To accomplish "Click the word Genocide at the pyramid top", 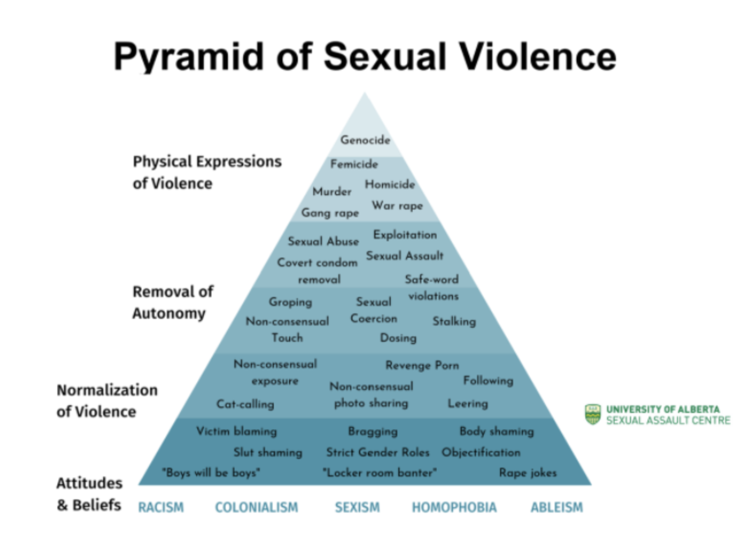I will click(x=365, y=140).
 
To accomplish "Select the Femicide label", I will click(x=354, y=164).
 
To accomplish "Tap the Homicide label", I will click(x=390, y=184).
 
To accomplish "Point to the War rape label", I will click(x=397, y=206).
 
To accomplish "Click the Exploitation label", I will click(x=405, y=235).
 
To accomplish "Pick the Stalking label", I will click(x=454, y=321).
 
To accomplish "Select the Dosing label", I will click(x=398, y=338).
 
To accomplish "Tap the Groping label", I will click(x=290, y=302).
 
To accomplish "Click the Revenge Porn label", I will click(x=422, y=365).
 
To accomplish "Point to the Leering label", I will click(x=467, y=404).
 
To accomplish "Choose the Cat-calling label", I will click(x=245, y=404).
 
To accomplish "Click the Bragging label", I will click(x=373, y=432).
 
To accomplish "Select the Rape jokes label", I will click(x=527, y=473).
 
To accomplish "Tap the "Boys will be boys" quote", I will click(x=211, y=473).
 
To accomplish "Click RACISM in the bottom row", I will click(x=161, y=508).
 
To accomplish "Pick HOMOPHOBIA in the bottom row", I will click(x=454, y=508).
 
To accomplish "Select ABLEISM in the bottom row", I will click(x=556, y=508).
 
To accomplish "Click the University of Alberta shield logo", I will click(x=593, y=415).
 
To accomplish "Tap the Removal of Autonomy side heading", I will click(x=172, y=302).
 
